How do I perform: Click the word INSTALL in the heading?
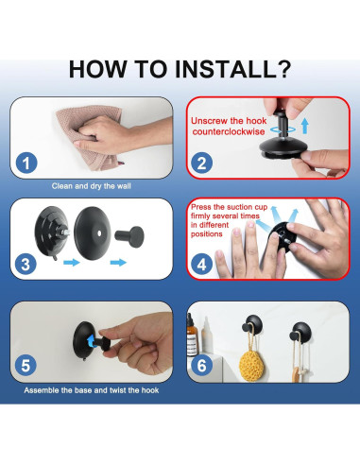[225, 69]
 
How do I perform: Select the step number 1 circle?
[26, 163]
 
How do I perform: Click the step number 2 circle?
[201, 163]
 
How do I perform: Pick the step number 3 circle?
[26, 264]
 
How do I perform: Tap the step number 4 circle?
[201, 264]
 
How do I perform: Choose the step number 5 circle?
[26, 365]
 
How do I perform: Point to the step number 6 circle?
[201, 365]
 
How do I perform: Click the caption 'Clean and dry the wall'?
[92, 186]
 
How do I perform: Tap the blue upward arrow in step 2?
[304, 126]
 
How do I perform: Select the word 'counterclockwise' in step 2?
[229, 131]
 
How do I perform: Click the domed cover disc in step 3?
[92, 233]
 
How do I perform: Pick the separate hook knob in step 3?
[129, 236]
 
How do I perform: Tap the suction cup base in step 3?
[51, 232]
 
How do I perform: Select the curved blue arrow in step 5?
[92, 341]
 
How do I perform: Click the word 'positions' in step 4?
[207, 234]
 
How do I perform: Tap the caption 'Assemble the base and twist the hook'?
[92, 390]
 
